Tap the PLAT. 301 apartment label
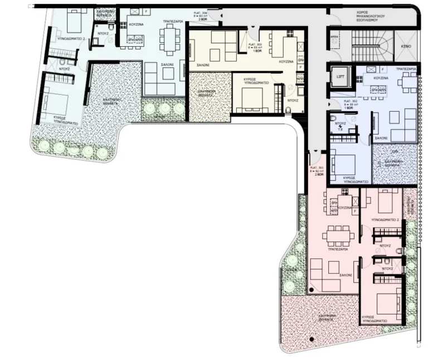coord(317,171)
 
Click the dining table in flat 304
coord(168,38)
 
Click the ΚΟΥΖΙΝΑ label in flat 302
coord(381,79)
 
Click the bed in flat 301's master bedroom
coord(388,303)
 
